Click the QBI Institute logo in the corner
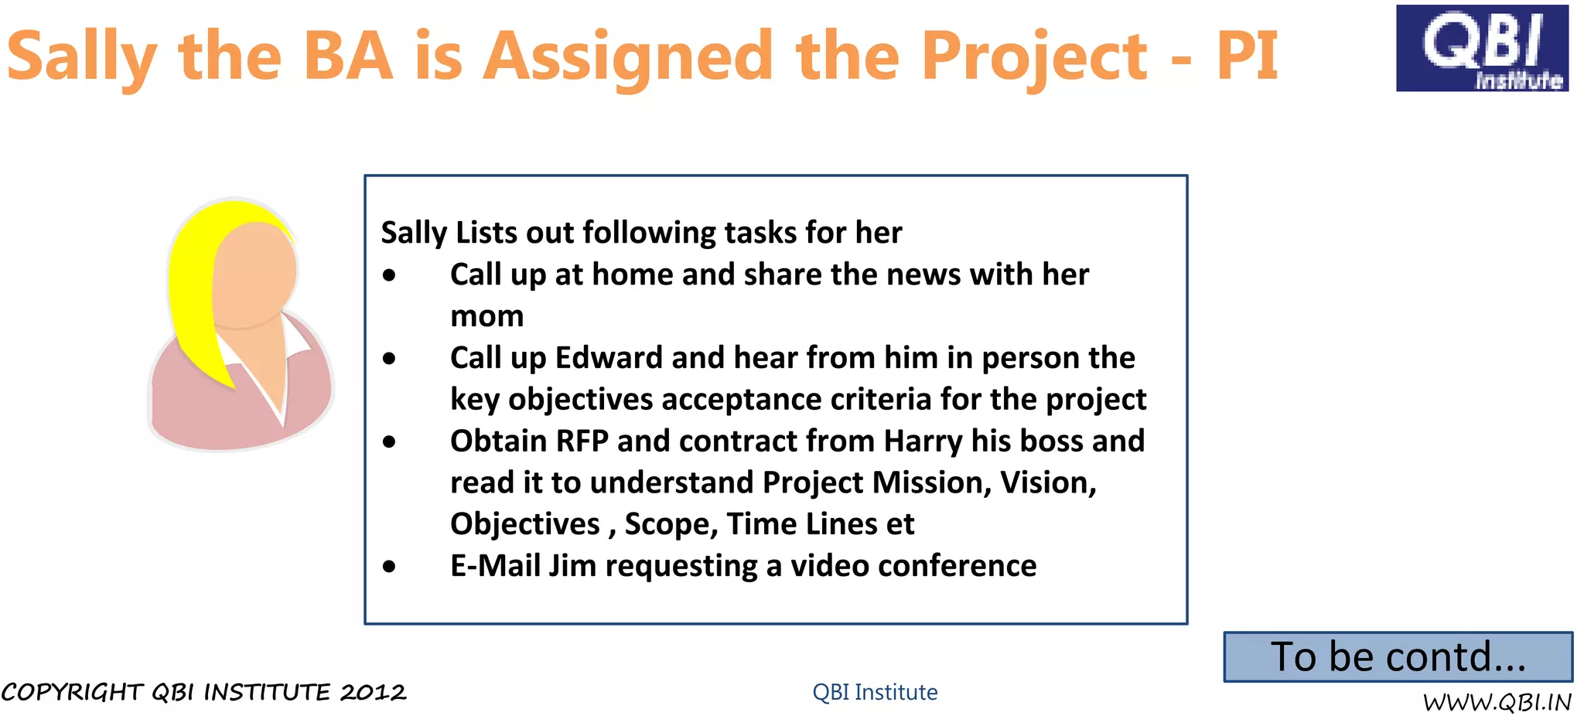point(1482,48)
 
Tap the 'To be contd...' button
point(1398,657)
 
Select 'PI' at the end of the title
point(1247,56)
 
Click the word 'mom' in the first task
point(487,316)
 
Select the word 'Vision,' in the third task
point(1048,482)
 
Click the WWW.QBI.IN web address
point(1497,702)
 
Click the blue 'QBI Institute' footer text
point(875,692)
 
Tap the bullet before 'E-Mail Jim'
point(389,567)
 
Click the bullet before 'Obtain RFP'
point(389,442)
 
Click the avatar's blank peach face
point(255,271)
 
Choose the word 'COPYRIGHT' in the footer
point(73,692)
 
